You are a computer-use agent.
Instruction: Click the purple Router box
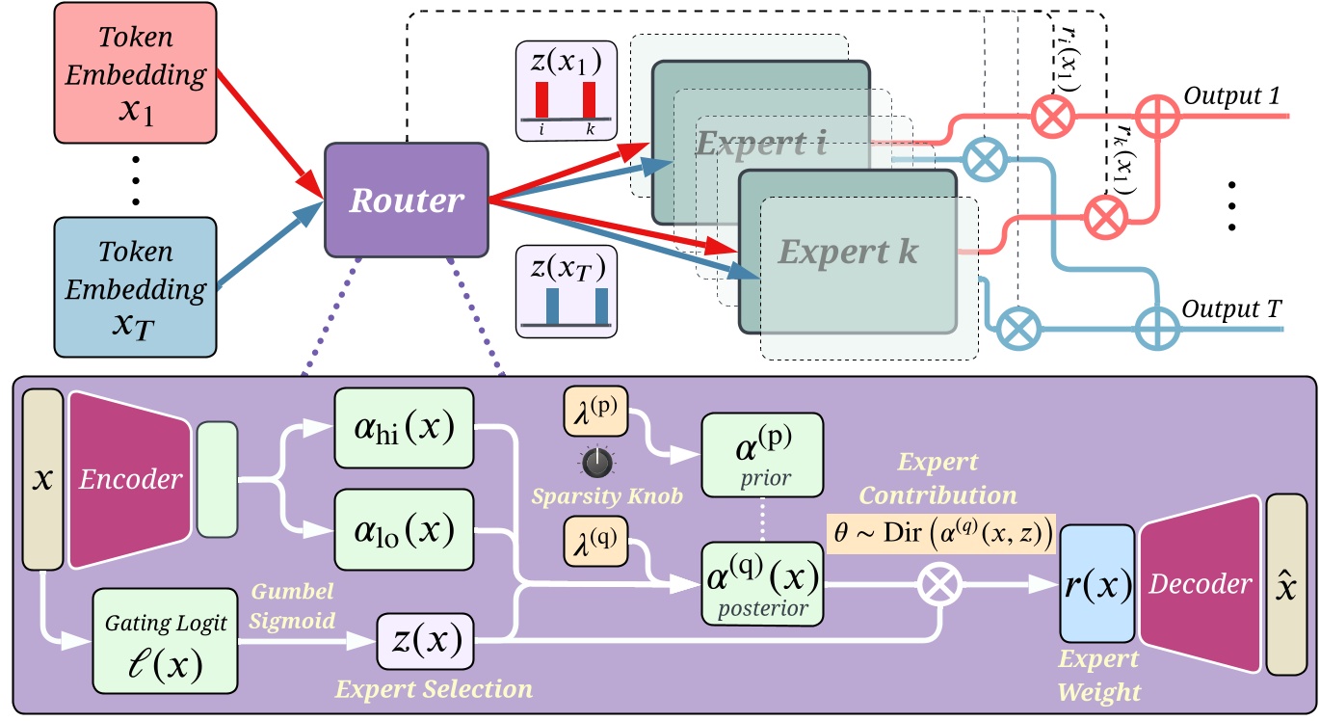click(x=406, y=200)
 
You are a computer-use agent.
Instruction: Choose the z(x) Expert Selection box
click(x=424, y=640)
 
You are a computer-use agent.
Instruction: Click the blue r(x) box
click(x=1097, y=583)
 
